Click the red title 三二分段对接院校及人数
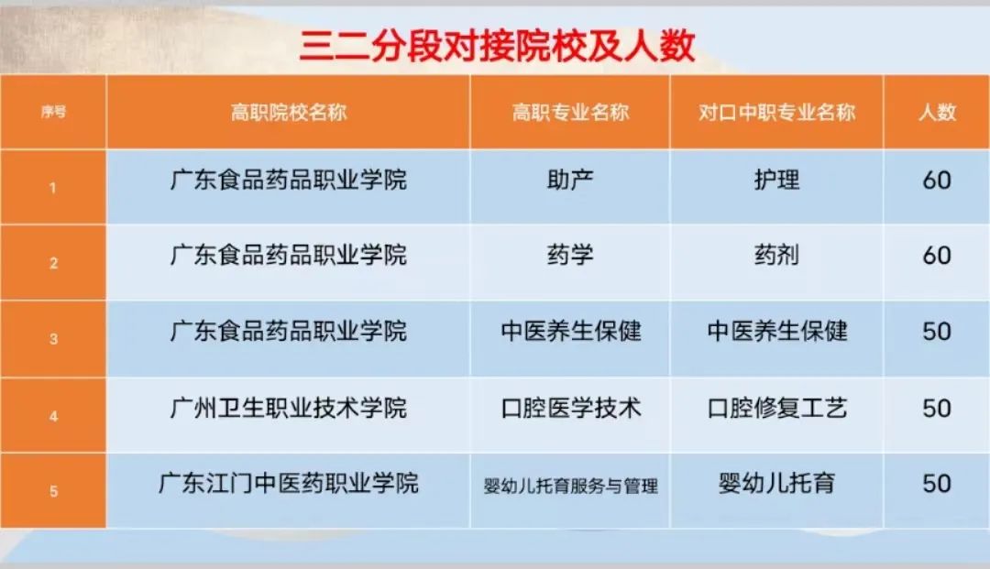pyautogui.click(x=497, y=45)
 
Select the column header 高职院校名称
pyautogui.click(x=289, y=113)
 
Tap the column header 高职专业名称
pyautogui.click(x=570, y=113)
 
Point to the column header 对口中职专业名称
pyautogui.click(x=776, y=113)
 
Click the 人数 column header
pyautogui.click(x=937, y=113)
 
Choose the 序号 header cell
pyautogui.click(x=53, y=113)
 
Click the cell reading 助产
pyautogui.click(x=570, y=180)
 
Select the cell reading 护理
pyautogui.click(x=776, y=180)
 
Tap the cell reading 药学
pyautogui.click(x=570, y=255)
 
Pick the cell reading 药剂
pyautogui.click(x=776, y=255)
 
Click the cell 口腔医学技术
pyautogui.click(x=570, y=408)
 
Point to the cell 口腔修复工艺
pyautogui.click(x=776, y=408)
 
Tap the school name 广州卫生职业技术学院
pyautogui.click(x=289, y=408)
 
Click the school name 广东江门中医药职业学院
pyautogui.click(x=289, y=483)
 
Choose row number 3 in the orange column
pyautogui.click(x=53, y=339)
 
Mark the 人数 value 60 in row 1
pyautogui.click(x=937, y=180)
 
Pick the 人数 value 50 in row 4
pyautogui.click(x=937, y=408)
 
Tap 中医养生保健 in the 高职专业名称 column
pyautogui.click(x=570, y=331)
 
